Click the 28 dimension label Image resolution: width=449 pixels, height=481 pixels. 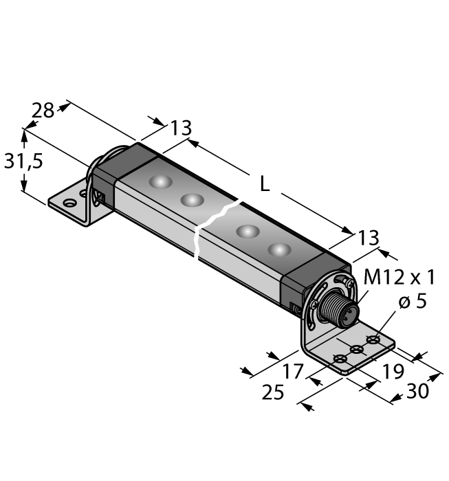43,110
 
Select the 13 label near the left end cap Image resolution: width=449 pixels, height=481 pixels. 181,128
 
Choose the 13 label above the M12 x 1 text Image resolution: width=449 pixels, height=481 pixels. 369,238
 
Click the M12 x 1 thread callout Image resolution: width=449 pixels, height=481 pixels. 399,278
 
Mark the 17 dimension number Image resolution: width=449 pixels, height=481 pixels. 293,372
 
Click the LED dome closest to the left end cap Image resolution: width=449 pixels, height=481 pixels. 160,182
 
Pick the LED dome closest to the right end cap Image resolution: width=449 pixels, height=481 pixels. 280,249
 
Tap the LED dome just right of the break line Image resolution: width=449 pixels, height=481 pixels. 248,231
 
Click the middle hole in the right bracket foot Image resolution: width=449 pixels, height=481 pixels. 357,350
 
